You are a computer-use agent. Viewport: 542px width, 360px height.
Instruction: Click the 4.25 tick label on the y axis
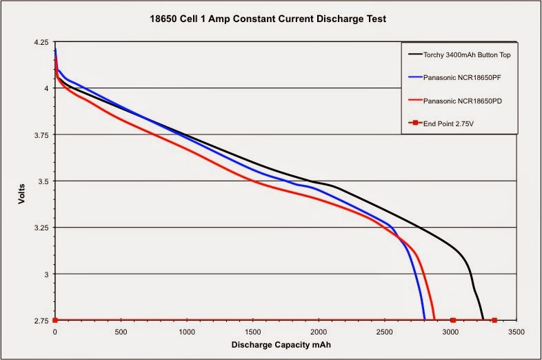click(40, 43)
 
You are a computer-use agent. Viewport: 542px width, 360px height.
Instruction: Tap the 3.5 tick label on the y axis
click(43, 181)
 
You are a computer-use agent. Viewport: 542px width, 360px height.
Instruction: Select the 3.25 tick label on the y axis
click(40, 228)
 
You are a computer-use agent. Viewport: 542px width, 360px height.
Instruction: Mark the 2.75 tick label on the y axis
click(40, 321)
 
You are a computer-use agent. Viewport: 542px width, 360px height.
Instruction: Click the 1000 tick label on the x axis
click(187, 332)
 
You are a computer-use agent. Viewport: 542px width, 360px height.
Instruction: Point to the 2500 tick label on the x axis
click(384, 332)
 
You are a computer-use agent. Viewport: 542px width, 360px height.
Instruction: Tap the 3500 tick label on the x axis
click(516, 332)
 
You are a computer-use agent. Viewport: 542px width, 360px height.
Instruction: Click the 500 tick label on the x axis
click(121, 332)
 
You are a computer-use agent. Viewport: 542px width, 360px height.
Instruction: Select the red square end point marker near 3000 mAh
click(453, 320)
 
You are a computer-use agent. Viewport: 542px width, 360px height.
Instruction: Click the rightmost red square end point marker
click(494, 320)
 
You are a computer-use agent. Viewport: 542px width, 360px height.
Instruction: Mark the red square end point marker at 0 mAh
click(55, 320)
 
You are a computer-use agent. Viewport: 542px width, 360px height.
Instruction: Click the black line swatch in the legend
click(416, 53)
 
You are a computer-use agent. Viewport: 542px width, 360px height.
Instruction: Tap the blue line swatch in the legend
click(416, 78)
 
